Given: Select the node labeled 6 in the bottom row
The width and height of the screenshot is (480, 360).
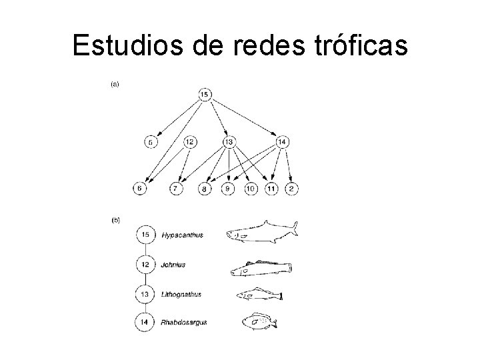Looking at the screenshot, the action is (140, 189).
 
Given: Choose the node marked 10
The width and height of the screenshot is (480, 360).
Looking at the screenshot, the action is (251, 189).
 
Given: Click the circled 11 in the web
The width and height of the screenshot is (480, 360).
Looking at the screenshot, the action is (271, 189).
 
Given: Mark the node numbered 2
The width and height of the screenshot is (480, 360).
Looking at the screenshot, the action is (291, 189).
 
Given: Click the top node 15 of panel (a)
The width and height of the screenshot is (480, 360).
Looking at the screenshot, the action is (205, 95).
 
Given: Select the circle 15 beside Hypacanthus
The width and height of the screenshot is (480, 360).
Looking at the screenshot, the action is (145, 235).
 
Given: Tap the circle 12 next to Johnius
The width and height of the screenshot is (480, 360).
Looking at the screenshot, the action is (145, 265).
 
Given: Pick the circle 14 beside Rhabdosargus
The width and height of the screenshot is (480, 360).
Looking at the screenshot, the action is (145, 323).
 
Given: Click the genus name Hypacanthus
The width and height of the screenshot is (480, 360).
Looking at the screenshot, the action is (182, 235).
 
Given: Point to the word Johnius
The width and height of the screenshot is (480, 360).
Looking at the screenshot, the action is (173, 265).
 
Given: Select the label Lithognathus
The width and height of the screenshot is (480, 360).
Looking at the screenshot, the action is (181, 294).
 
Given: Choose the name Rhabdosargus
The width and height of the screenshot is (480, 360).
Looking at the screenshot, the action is (184, 323).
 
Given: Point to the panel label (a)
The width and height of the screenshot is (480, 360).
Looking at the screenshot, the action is (115, 84).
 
